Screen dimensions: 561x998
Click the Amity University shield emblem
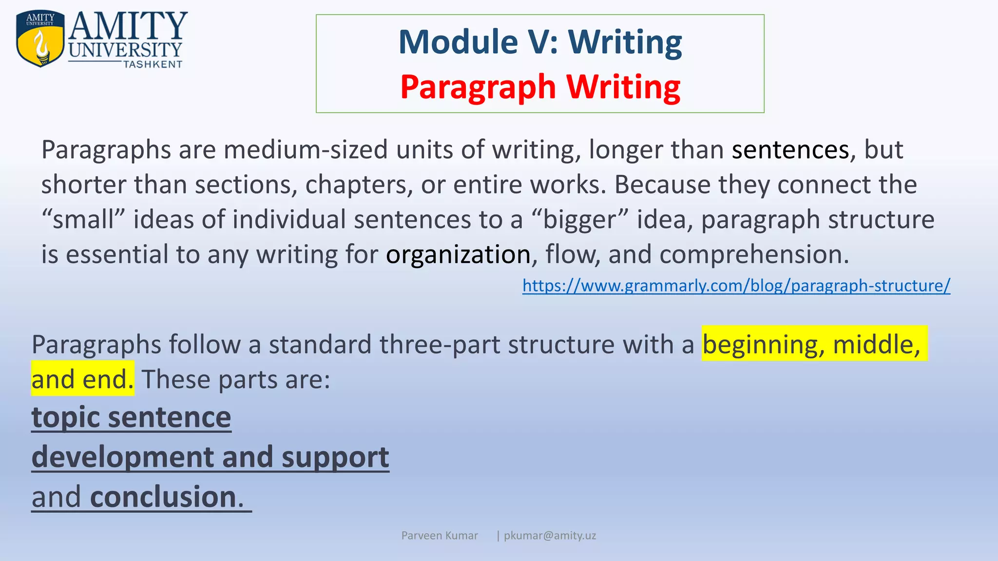pyautogui.click(x=40, y=39)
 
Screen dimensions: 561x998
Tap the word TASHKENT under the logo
pyautogui.click(x=153, y=65)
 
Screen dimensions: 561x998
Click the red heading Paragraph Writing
pyautogui.click(x=540, y=88)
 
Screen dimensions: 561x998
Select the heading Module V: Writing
pyautogui.click(x=540, y=42)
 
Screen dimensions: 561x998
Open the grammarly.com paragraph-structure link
pyautogui.click(x=736, y=285)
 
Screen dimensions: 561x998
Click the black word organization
pyautogui.click(x=458, y=255)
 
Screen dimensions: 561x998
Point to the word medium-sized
pyautogui.click(x=306, y=150)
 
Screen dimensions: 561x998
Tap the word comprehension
pyautogui.click(x=753, y=255)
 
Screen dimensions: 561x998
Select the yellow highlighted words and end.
pyautogui.click(x=82, y=379)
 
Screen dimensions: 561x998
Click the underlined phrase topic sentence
pyautogui.click(x=131, y=417)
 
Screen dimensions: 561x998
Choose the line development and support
pyautogui.click(x=210, y=457)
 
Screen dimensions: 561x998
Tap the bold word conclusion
pyautogui.click(x=164, y=497)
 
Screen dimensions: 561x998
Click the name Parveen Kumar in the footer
pyautogui.click(x=439, y=536)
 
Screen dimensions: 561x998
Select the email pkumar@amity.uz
pyautogui.click(x=550, y=536)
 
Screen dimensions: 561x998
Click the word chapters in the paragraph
pyautogui.click(x=359, y=185)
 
